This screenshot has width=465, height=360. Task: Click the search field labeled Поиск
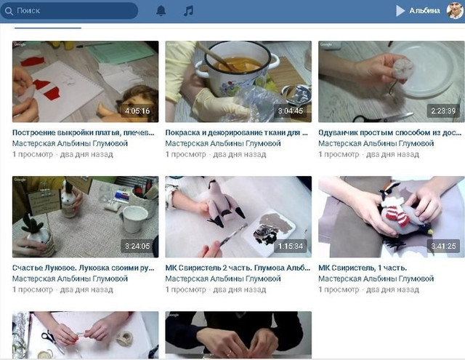(69, 11)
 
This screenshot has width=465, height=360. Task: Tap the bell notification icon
(161, 11)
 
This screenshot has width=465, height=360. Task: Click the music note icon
(189, 11)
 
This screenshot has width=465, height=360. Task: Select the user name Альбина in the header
(424, 11)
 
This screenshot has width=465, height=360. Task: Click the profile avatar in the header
(456, 11)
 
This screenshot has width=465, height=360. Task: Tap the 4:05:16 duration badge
(137, 111)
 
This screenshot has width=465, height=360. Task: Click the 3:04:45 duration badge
(291, 111)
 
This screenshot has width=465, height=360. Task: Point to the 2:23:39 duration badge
(443, 111)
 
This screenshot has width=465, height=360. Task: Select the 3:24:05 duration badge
(137, 246)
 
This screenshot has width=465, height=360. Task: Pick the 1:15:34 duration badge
(291, 246)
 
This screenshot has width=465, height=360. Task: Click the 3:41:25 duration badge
(443, 246)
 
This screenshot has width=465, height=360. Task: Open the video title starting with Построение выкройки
(84, 132)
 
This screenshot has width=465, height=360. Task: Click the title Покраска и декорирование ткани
(237, 132)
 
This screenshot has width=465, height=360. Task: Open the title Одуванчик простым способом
(389, 132)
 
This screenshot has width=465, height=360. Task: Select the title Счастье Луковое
(84, 268)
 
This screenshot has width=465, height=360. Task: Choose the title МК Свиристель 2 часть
(238, 268)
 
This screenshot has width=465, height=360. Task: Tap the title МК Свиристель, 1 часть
(363, 268)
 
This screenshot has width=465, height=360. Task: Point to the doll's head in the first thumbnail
(139, 101)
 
